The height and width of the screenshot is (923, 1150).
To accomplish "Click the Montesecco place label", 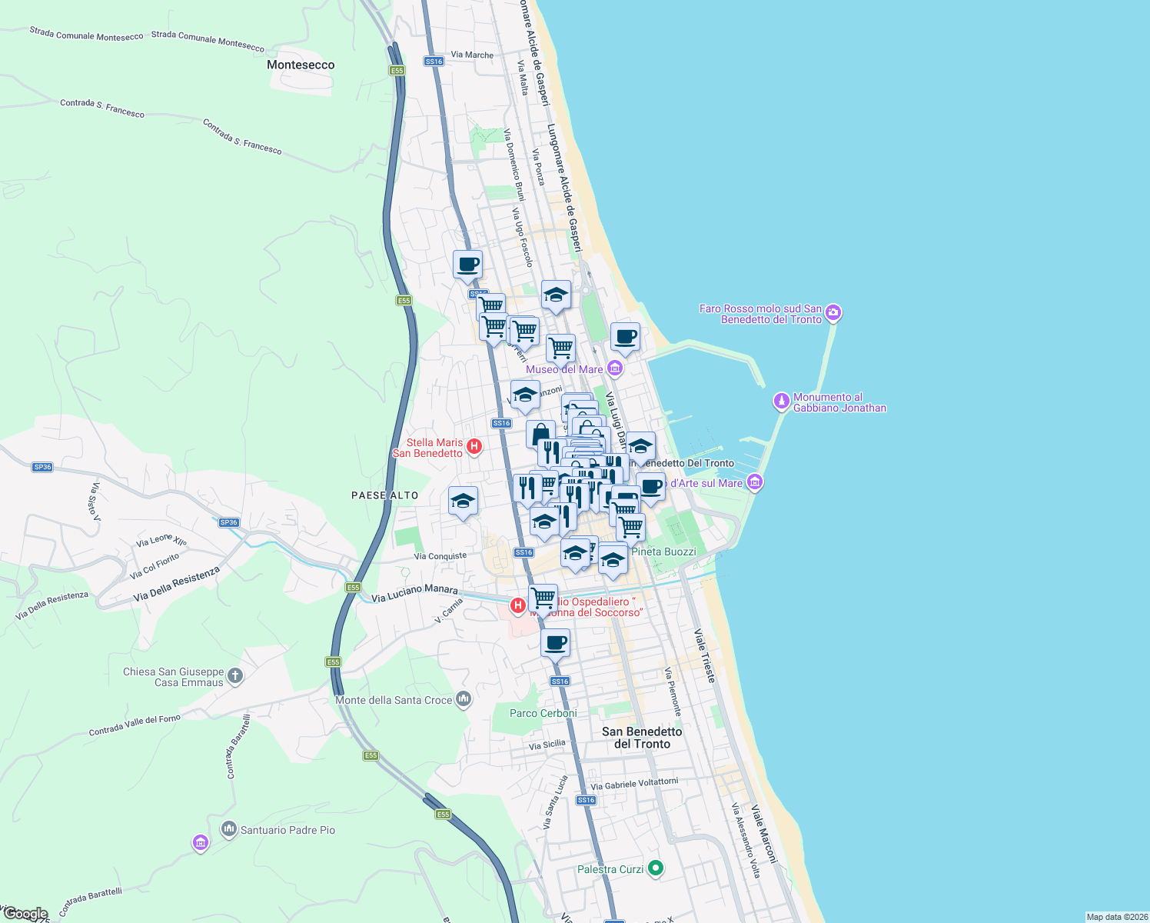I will tap(301, 65).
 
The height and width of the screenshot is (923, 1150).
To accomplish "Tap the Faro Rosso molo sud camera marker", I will tap(833, 314).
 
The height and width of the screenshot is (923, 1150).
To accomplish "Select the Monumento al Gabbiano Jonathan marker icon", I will tap(782, 402).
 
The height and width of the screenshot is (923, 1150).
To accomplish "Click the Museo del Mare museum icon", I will tap(614, 369).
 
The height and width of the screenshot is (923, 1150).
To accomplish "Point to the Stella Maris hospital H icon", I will tap(474, 446).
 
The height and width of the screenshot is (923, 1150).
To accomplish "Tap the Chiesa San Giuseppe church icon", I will tap(235, 676).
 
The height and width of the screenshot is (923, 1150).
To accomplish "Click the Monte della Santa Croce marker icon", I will tap(463, 699).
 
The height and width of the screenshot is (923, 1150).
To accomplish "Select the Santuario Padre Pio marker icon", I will tap(228, 829).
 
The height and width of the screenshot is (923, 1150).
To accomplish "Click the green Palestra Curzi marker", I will tap(655, 868).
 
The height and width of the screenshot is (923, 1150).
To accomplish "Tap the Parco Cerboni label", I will tap(543, 713).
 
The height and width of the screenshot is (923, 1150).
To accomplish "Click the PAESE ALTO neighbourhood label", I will tap(384, 495).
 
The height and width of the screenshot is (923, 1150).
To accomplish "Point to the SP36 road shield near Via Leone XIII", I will tap(228, 522).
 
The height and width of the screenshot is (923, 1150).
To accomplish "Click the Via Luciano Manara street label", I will tap(414, 592).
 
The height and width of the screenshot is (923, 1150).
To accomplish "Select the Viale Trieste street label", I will tap(704, 655).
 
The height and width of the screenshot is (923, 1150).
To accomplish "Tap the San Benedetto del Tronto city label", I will tap(642, 738).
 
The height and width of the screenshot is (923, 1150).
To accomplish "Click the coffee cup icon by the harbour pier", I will tap(625, 337).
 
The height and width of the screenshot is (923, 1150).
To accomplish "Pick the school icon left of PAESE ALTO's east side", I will tap(463, 501).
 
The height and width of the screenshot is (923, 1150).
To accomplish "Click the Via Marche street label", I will tap(472, 55).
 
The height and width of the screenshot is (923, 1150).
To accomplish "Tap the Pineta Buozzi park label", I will tap(663, 551).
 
